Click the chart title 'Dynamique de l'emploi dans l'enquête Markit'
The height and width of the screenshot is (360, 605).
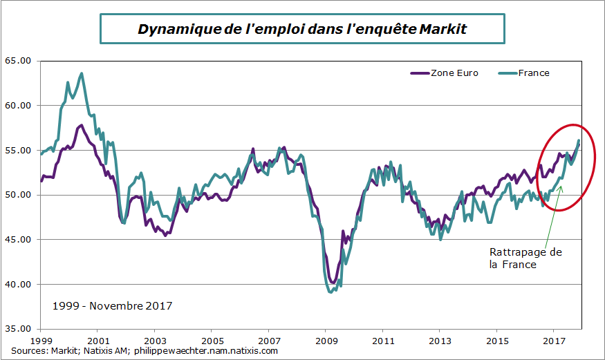[303, 30]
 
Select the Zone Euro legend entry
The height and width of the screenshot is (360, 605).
[452, 73]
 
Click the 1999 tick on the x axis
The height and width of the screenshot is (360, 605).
[41, 341]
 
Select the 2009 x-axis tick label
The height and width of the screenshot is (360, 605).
[326, 341]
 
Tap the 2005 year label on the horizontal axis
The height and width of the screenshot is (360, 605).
[212, 341]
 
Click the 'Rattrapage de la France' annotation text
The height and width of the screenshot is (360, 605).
[525, 258]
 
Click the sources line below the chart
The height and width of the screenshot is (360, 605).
[145, 351]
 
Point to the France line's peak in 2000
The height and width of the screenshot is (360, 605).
[82, 73]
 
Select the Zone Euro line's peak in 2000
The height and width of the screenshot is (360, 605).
[81, 125]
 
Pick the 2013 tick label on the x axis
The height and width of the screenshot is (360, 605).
[440, 341]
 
